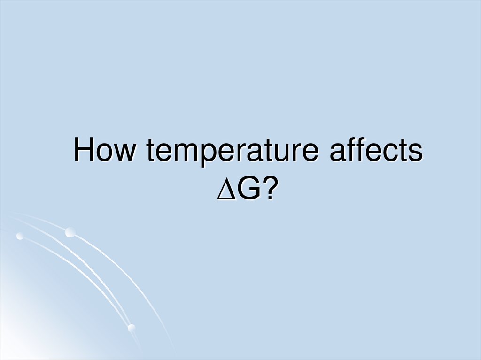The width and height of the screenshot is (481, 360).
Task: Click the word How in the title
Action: [106, 152]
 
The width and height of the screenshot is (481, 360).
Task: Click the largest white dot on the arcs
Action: [70, 232]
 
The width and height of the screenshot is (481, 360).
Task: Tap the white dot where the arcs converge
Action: [132, 327]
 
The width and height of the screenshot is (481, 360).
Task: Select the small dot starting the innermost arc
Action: [20, 236]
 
